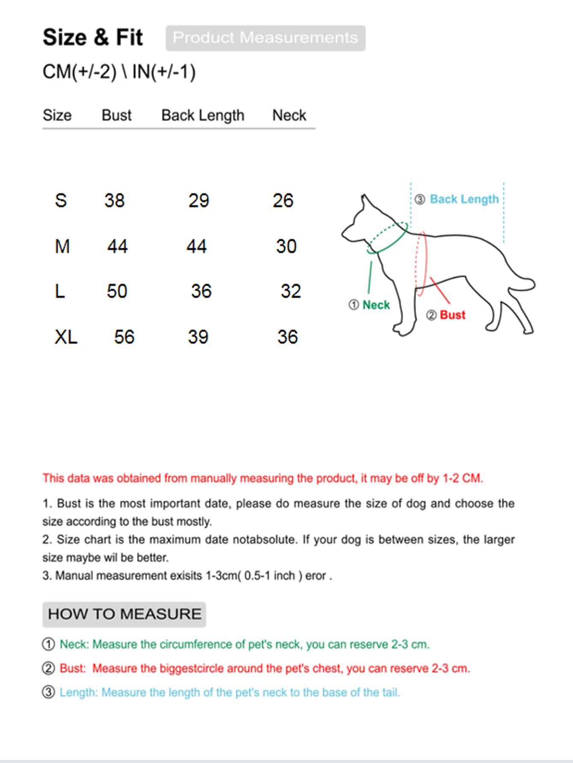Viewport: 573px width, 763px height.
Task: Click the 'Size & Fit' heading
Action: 92,37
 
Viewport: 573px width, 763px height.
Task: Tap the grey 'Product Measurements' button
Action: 265,38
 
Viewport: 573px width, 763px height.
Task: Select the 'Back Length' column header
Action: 203,115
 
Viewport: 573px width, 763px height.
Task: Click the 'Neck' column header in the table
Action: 289,115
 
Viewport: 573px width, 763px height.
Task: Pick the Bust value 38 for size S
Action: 114,200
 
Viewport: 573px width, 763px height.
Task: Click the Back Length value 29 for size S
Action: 198,200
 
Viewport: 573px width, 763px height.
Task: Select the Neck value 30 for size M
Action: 286,246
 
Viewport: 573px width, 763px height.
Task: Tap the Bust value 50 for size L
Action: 117,291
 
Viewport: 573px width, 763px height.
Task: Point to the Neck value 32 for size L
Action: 291,291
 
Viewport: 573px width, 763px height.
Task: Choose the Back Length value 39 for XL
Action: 198,337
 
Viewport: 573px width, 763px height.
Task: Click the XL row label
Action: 66,337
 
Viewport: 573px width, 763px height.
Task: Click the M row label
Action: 62,246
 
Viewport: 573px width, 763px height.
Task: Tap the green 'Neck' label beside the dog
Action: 376,305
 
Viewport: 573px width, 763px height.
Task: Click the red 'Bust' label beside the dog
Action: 452,315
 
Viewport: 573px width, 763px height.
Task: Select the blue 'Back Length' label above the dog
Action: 464,199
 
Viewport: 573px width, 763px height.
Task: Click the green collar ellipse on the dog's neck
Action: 387,238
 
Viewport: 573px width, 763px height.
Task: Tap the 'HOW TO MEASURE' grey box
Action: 124,614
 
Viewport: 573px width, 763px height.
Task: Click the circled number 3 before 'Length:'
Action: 48,692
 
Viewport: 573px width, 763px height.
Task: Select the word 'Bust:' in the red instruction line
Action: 73,668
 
